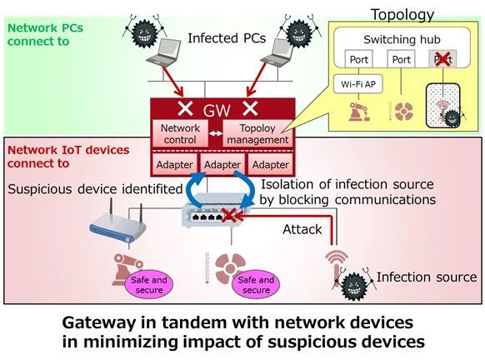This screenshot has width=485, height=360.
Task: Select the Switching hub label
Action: coord(402,39)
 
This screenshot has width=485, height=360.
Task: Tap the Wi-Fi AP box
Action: coord(357,84)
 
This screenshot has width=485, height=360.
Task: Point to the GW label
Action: coord(216,108)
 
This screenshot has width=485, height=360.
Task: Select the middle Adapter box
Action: coord(222,164)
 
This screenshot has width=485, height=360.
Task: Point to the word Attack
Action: coord(301,229)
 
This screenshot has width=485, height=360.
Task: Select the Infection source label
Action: coord(427,277)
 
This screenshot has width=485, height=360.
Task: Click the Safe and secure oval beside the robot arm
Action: coord(150,285)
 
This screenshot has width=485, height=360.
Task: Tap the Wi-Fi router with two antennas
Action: coord(117,220)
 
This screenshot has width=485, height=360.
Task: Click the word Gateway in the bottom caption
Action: coord(98,322)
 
